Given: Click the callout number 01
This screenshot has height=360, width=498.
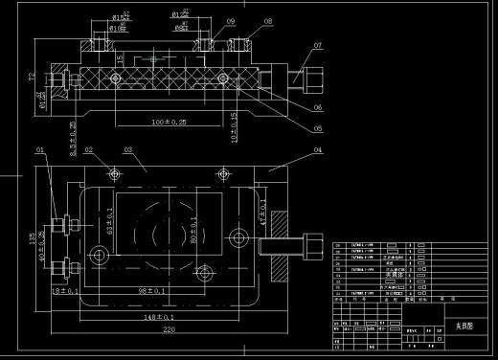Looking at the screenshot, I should pos(40,150).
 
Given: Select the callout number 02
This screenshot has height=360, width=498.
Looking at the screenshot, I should pos(87,150).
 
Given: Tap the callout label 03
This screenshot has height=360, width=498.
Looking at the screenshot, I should pos(127,150).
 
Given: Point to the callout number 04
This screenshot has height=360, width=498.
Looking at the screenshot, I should pos(317,150).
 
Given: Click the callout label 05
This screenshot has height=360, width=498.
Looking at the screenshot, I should pos(318,127).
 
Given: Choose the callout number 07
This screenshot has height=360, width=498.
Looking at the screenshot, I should pos(318,45).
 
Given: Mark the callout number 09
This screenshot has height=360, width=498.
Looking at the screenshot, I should pos(231,20).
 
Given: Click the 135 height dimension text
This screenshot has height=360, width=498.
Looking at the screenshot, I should pos(32,236).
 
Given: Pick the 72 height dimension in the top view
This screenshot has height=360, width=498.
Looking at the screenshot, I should pos(31,76).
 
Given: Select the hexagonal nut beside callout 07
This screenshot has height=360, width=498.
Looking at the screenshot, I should pos(312,73).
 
